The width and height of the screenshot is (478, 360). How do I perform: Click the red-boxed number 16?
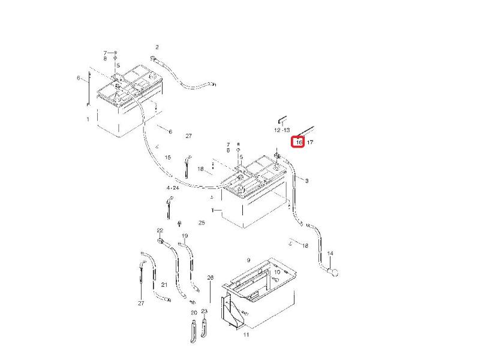pos(299,142)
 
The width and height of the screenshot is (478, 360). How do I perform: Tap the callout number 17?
pos(310,142)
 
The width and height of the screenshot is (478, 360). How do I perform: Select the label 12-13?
pos(282,130)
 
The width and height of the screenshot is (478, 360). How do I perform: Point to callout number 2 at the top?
pos(157,47)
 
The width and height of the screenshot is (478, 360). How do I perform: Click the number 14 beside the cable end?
pos(330,254)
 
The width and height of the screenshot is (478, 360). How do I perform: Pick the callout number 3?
pos(307,181)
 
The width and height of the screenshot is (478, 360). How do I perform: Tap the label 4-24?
pos(173,187)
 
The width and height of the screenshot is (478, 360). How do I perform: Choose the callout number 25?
pos(202,223)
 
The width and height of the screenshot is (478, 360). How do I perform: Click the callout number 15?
pos(168,157)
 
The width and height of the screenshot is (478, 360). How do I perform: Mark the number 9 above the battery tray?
pos(248,260)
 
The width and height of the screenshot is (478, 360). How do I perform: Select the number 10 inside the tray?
pos(277,272)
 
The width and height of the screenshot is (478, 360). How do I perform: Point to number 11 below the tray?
pos(246,334)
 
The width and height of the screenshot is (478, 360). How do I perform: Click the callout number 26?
pos(211,278)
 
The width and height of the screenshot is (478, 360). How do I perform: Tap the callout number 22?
pos(160,230)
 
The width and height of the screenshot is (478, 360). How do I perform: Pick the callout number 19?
pos(185,236)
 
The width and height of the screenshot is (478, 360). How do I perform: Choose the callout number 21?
pos(164,284)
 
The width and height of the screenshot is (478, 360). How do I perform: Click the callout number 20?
pos(194,313)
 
